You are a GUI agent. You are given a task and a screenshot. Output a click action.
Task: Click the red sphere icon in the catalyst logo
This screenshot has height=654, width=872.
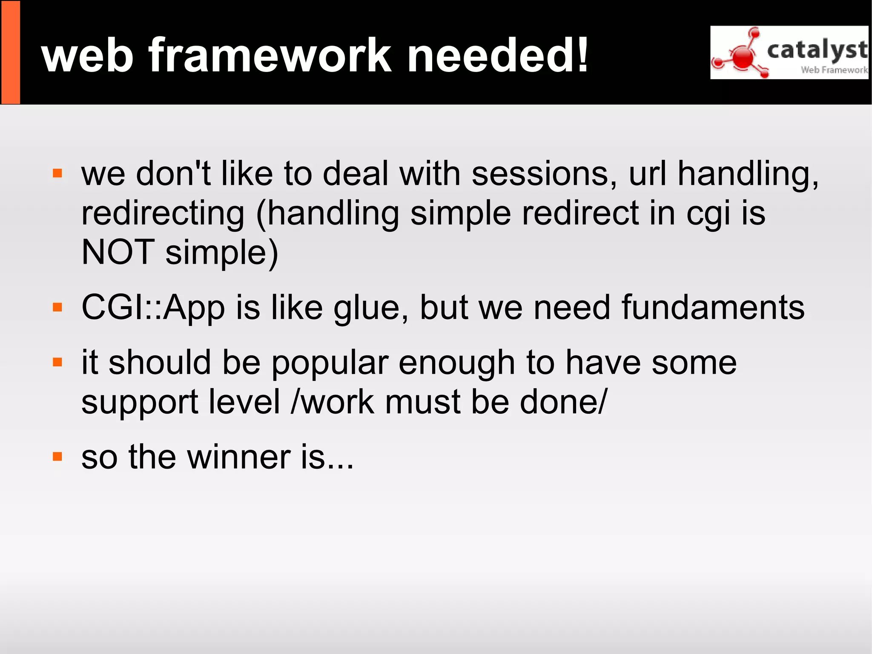tap(743, 57)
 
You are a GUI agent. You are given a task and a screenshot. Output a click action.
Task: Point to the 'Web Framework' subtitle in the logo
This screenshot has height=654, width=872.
tap(834, 70)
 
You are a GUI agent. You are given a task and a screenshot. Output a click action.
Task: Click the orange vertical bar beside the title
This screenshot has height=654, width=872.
tap(11, 52)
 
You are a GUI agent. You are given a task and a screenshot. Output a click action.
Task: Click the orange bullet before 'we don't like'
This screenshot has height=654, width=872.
tap(57, 174)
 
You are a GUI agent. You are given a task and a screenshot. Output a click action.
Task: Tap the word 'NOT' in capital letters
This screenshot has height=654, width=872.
tap(118, 252)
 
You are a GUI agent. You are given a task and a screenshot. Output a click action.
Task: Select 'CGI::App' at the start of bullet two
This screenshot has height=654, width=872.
tap(153, 308)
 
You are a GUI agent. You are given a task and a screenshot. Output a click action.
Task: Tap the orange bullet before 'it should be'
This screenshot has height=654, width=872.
tap(57, 363)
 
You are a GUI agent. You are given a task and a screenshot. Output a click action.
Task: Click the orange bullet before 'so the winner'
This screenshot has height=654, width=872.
tap(57, 457)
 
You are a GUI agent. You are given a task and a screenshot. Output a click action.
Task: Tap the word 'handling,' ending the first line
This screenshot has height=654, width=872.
tap(748, 175)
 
